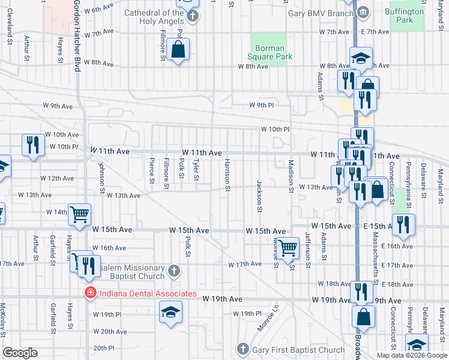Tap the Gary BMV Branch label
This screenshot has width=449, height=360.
click(x=321, y=13)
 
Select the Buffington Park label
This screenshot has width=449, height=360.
click(x=413, y=16)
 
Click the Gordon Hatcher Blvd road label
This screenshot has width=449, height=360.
click(x=77, y=36)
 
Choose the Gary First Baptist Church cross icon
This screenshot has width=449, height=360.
click(x=243, y=349)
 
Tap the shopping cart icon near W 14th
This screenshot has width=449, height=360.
click(x=79, y=214)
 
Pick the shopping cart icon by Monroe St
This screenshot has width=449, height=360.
click(x=289, y=247)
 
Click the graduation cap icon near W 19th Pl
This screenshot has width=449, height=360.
click(x=170, y=311)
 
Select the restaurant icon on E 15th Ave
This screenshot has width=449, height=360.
click(x=403, y=224)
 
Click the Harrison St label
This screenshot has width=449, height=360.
click(x=227, y=175)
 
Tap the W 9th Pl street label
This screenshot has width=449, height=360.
click(x=262, y=106)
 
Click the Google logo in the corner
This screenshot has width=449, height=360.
click(x=20, y=353)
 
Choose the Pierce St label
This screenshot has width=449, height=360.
click(x=151, y=172)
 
